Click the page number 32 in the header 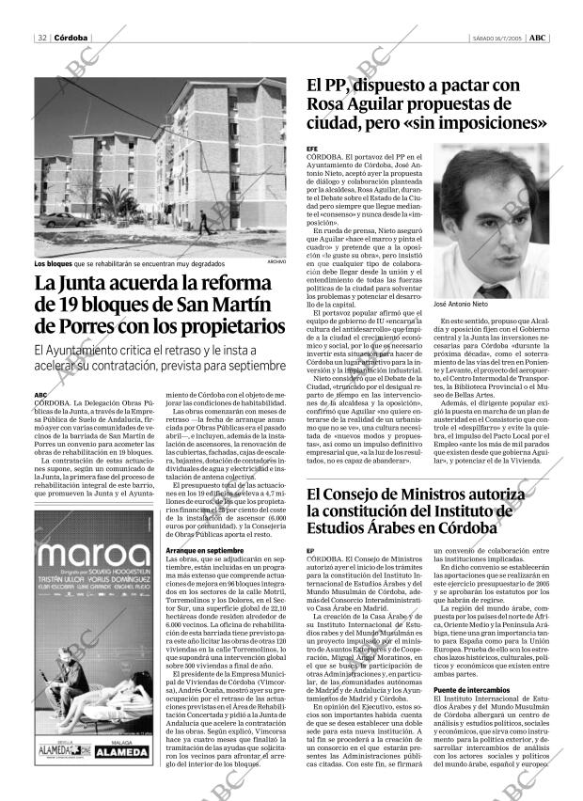coord(41,38)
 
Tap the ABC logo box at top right coord(536,38)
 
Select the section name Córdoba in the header coord(71,38)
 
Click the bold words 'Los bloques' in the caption coord(53,262)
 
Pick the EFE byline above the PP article coord(313,149)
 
